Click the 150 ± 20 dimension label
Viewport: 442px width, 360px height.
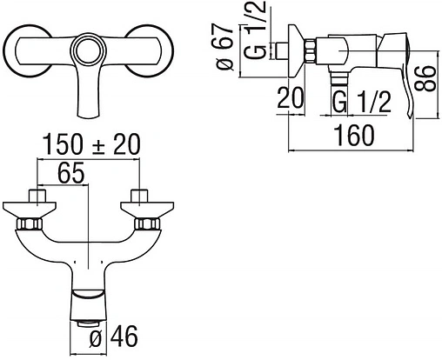[x=91, y=144]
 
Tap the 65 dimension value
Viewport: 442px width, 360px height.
[x=70, y=173]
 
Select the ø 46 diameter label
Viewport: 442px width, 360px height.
[x=113, y=337]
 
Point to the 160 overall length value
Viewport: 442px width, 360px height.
[x=354, y=135]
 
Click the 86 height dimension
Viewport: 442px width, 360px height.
[x=425, y=78]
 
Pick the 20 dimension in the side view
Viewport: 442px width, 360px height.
[x=291, y=97]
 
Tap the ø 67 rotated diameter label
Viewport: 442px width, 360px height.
[x=225, y=46]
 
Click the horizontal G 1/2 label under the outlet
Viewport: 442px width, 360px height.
[x=361, y=102]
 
